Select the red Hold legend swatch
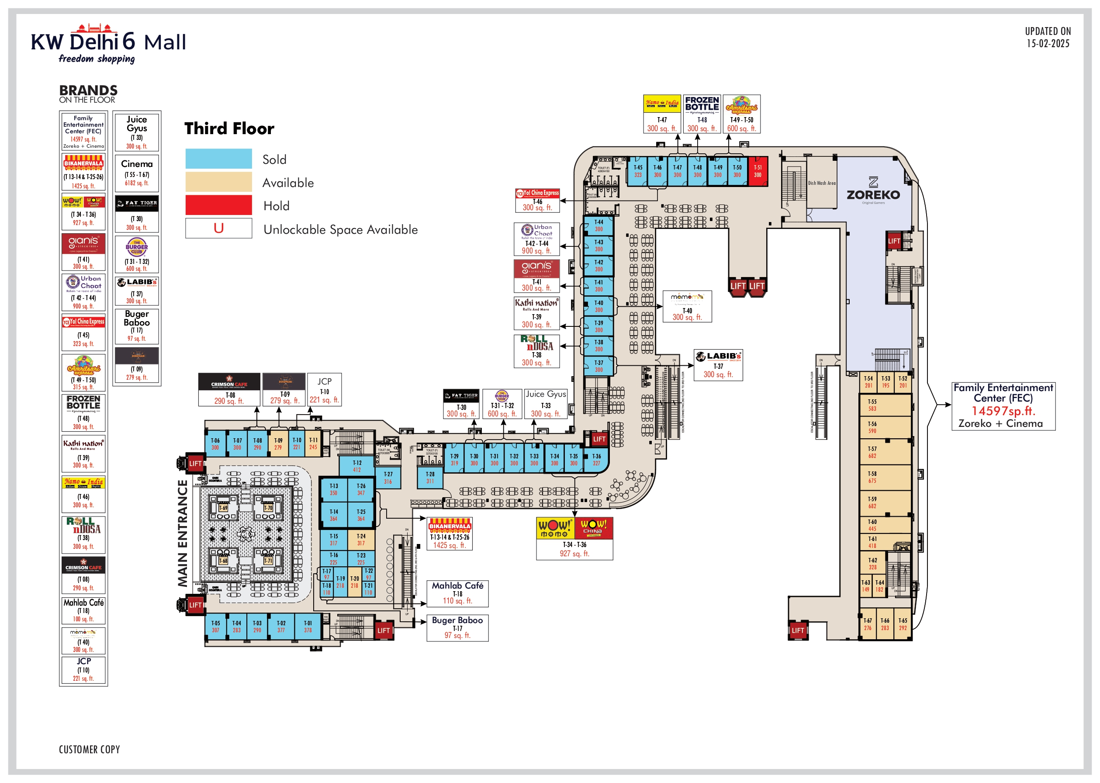pyautogui.click(x=218, y=205)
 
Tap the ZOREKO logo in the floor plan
pyautogui.click(x=873, y=191)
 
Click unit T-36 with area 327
pyautogui.click(x=596, y=460)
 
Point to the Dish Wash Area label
pyautogui.click(x=821, y=183)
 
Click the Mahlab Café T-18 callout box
pyautogui.click(x=457, y=593)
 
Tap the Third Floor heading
pyautogui.click(x=229, y=129)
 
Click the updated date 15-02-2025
pyautogui.click(x=1048, y=43)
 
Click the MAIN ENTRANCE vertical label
pyautogui.click(x=183, y=533)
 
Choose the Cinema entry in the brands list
pyautogui.click(x=137, y=173)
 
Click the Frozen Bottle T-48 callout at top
pyautogui.click(x=702, y=114)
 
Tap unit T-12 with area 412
pyautogui.click(x=357, y=466)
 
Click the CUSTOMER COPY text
pyautogui.click(x=89, y=749)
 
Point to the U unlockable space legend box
pyautogui.click(x=218, y=228)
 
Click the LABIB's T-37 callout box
pyautogui.click(x=718, y=365)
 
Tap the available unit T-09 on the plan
pyautogui.click(x=278, y=443)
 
